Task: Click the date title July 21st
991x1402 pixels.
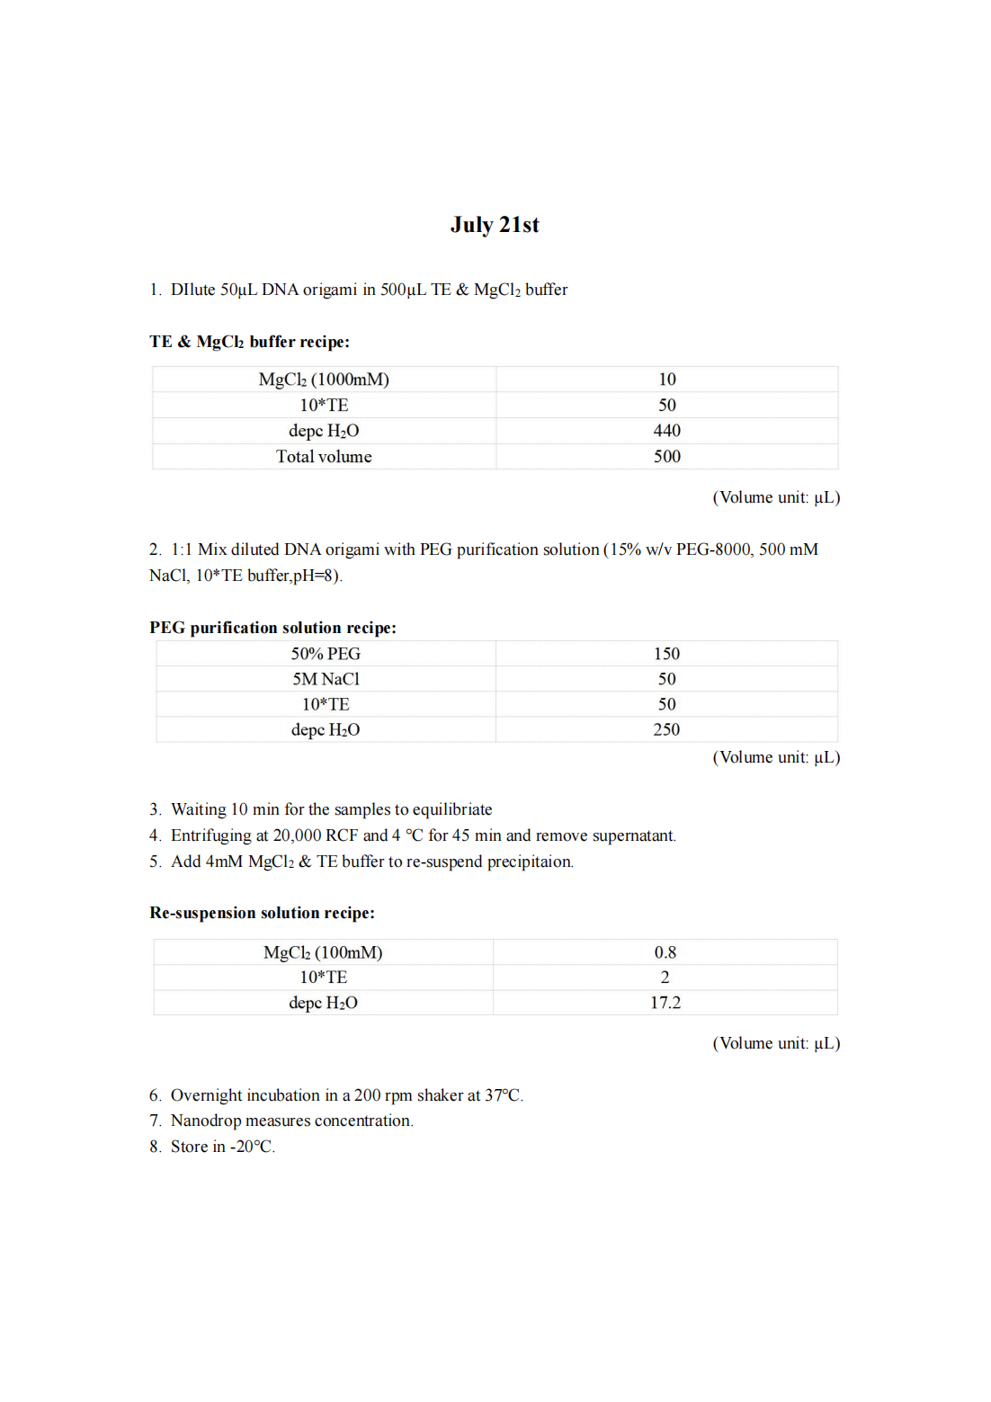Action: pos(495,225)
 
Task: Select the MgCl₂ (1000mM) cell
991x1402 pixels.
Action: pos(324,380)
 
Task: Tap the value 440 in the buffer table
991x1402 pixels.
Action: pos(666,431)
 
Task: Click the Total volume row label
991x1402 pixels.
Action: pos(324,457)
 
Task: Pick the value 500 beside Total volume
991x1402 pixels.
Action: pos(666,457)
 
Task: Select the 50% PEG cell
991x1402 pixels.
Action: pos(326,654)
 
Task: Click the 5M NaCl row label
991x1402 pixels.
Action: pos(326,679)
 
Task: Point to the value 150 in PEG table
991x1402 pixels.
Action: pos(666,654)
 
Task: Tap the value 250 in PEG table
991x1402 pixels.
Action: pos(666,729)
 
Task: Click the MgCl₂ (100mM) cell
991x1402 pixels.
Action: pos(323,952)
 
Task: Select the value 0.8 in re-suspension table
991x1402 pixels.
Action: pos(665,952)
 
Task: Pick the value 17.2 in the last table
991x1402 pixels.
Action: pos(665,1003)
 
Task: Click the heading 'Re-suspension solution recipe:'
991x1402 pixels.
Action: pos(262,913)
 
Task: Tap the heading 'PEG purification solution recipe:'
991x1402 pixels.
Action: pos(272,628)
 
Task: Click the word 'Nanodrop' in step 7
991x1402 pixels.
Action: pos(206,1121)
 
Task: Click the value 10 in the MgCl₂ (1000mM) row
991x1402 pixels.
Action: pos(666,380)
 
